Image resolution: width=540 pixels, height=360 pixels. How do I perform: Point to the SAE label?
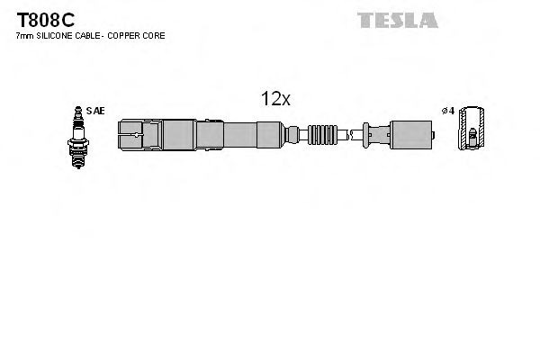(97, 111)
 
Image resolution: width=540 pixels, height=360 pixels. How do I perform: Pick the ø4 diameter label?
(447, 111)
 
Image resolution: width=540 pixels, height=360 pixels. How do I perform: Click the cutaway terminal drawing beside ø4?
(469, 131)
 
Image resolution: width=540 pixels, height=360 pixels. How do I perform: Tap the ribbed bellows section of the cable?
(324, 135)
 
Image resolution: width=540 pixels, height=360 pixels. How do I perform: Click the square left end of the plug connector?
(130, 135)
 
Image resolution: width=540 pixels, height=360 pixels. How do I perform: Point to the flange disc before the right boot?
(364, 135)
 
